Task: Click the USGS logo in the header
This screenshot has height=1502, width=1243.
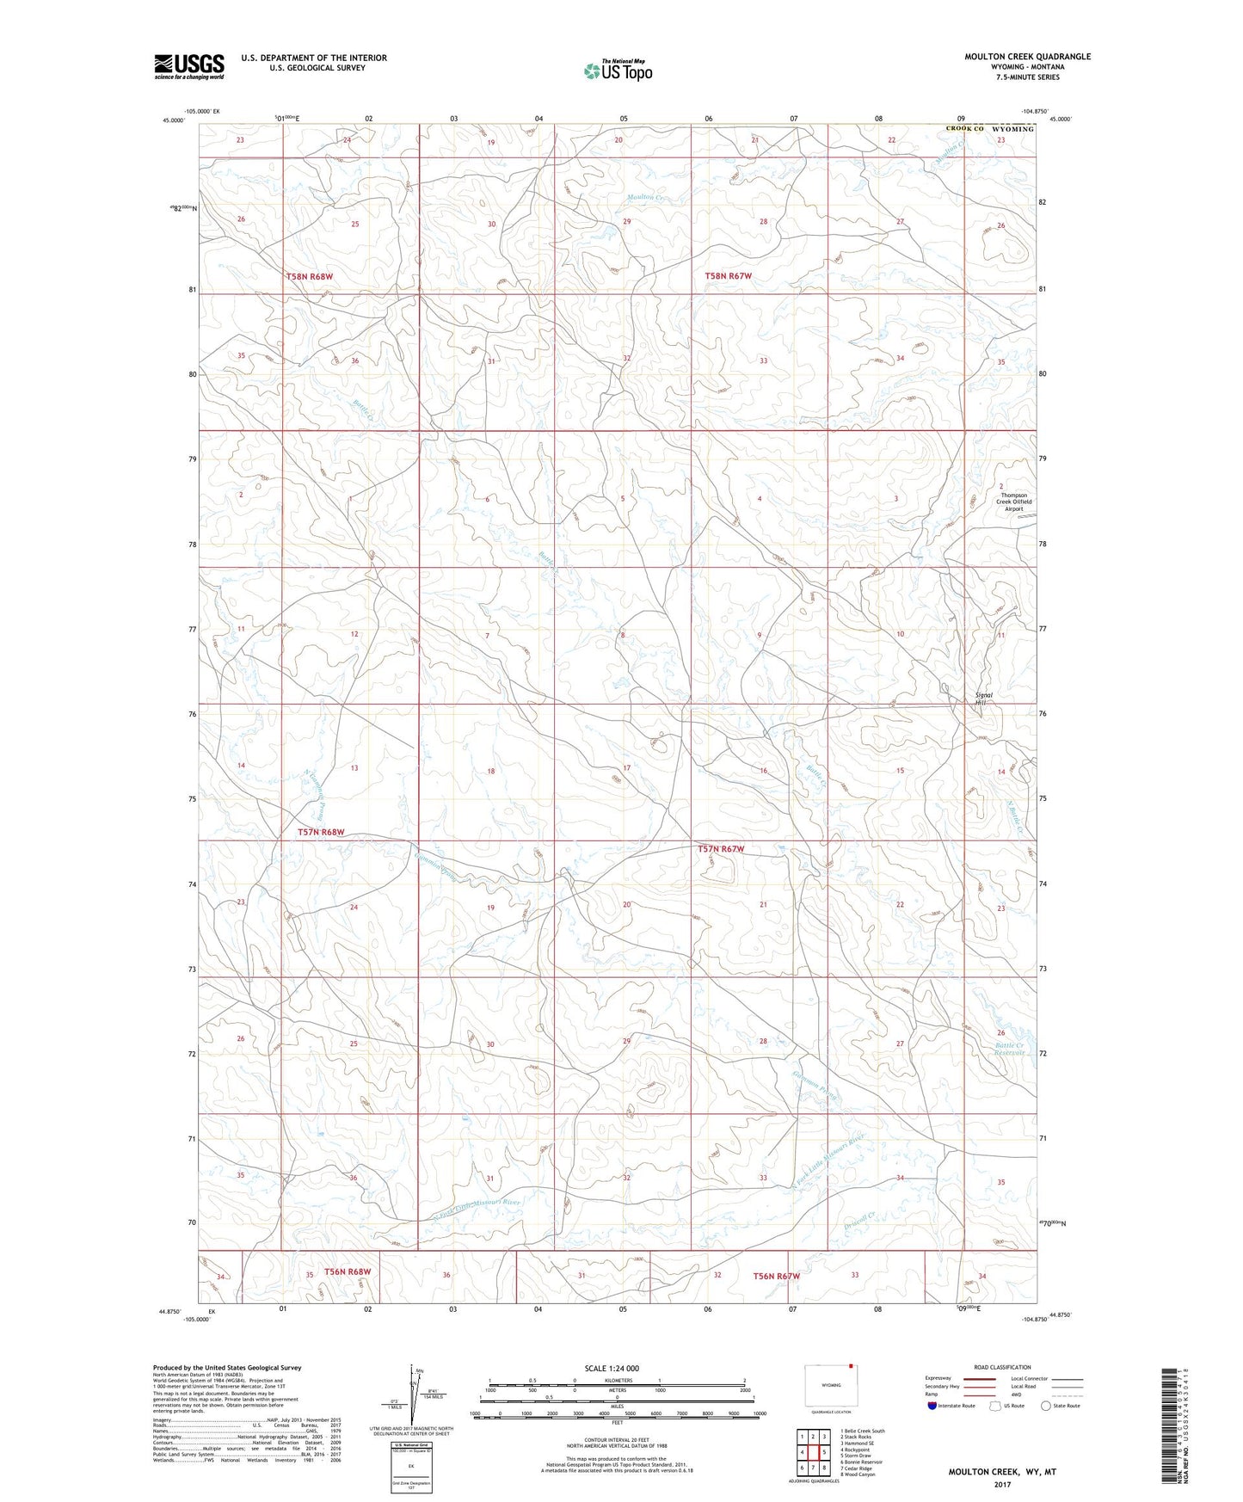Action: coord(188,66)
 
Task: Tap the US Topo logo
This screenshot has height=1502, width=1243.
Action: coord(617,71)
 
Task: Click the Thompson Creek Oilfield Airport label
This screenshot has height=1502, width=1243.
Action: coord(1013,502)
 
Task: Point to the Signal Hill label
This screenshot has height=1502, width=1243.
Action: coord(983,699)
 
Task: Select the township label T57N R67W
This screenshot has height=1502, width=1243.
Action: coord(720,849)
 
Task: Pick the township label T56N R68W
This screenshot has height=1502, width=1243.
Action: coord(348,1271)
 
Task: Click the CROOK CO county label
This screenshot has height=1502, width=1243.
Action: coord(964,129)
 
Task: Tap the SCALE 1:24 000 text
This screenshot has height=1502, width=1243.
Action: coord(612,1368)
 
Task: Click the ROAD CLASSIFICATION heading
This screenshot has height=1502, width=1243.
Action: coord(1001,1367)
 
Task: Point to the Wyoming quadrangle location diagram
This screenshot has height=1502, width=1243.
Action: coord(830,1386)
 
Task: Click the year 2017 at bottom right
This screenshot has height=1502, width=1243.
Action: coord(1001,1484)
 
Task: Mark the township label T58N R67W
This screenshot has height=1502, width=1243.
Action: coord(728,276)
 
